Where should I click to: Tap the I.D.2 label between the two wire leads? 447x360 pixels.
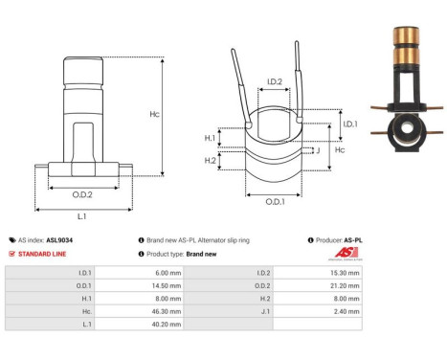273,82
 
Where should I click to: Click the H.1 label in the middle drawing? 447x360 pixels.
211,138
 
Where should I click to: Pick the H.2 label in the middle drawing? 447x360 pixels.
211,159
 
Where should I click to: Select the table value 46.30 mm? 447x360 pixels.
157,311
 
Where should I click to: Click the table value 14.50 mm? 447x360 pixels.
157,284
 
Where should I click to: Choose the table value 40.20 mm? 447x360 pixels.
157,325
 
